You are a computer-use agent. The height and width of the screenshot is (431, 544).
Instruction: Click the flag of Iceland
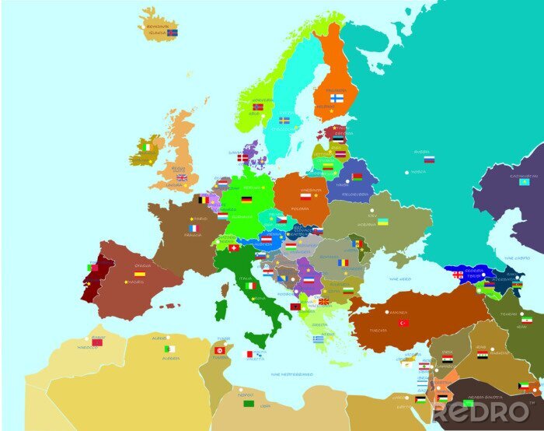coord(173,33)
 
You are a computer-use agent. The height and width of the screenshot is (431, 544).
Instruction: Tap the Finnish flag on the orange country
coord(337,99)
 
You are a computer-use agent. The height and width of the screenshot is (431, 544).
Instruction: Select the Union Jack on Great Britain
coord(182,178)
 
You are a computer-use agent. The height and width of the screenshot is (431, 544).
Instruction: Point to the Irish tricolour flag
coord(145,146)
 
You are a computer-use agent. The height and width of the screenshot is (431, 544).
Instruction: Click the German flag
coord(246,199)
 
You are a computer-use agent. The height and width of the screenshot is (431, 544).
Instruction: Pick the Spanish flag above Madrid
coord(140,274)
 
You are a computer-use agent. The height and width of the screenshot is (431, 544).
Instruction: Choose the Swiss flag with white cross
coord(233,248)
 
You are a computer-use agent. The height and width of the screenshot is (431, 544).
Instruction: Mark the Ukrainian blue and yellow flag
coord(383,222)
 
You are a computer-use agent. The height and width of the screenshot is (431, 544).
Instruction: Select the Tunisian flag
coord(220,350)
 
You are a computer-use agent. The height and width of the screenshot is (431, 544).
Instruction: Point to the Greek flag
coord(319,339)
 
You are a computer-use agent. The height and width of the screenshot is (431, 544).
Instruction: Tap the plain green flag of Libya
coord(249,404)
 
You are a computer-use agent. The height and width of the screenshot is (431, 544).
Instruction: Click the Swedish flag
coord(285,121)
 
